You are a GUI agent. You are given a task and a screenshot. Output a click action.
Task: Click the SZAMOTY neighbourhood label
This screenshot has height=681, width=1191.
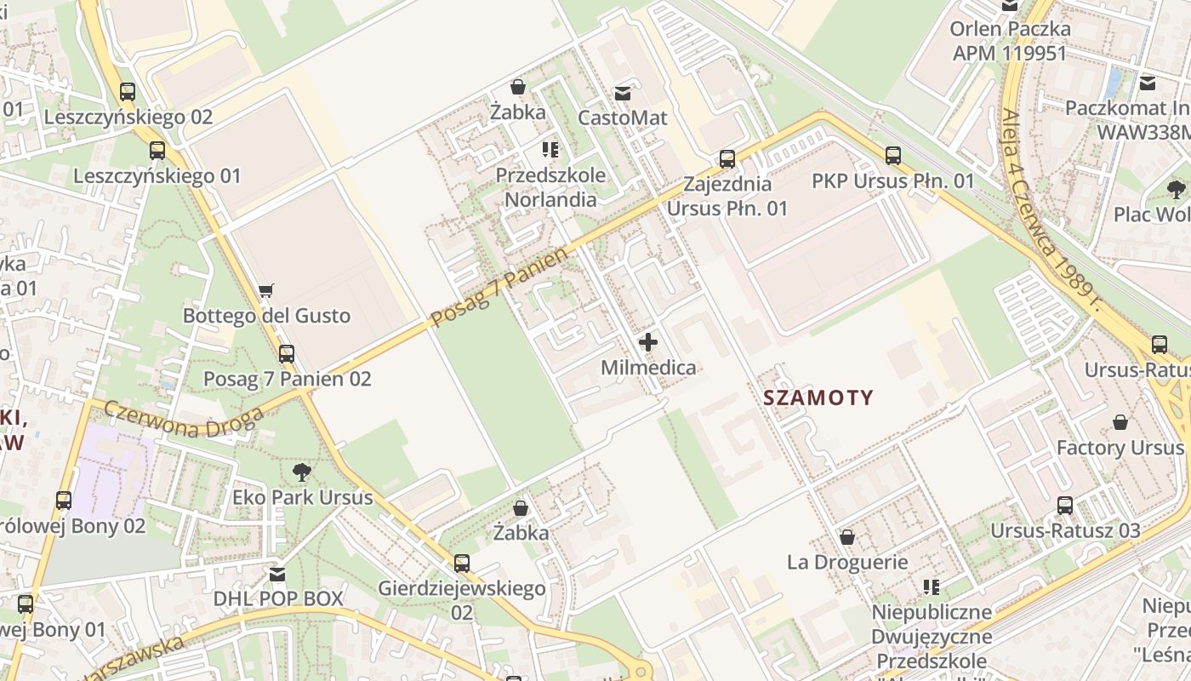pos(818,398)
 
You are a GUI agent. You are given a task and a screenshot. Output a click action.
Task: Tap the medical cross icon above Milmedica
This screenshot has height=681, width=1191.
pos(648,343)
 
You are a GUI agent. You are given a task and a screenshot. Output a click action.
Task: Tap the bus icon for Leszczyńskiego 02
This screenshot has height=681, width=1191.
pos(128,92)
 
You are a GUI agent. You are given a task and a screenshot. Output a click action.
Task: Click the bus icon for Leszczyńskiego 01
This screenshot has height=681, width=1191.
pos(157,151)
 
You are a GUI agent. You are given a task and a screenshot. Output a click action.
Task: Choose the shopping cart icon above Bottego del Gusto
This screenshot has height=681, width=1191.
pos(266,291)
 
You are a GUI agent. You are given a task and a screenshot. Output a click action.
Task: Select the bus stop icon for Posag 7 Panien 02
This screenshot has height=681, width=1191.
pos(287,353)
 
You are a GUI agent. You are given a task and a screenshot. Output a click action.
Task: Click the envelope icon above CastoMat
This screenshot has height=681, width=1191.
pos(623,93)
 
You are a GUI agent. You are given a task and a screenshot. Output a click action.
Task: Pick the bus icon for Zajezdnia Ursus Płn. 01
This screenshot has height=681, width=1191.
pos(727,159)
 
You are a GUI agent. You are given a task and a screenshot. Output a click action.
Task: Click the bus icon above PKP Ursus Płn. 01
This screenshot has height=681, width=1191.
pos(892,156)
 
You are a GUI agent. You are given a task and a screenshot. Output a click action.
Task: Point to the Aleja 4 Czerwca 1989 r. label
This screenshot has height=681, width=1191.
pos(1051,209)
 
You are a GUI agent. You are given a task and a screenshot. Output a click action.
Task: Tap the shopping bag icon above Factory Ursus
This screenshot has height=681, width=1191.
pos(1120,423)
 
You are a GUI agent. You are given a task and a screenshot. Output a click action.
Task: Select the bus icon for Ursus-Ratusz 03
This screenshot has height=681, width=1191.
pos(1064,506)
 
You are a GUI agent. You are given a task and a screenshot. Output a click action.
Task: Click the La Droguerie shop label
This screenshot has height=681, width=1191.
pos(847,562)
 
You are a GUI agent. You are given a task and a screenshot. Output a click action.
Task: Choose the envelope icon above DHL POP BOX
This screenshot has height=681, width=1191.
pos(277,575)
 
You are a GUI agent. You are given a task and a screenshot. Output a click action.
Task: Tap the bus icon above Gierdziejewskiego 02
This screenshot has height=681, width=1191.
pos(461,563)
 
